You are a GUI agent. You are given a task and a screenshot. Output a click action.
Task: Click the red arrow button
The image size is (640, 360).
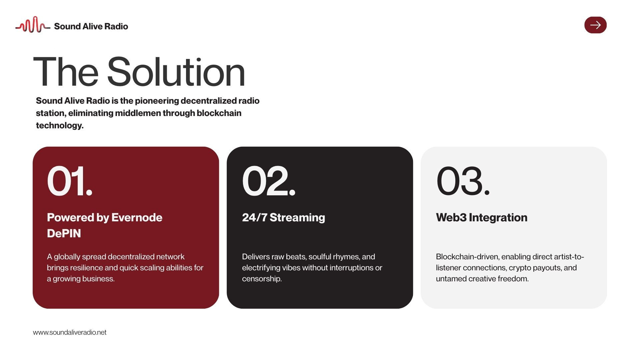[595, 25]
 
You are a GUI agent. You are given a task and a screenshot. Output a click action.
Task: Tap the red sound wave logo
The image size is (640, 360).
[33, 25]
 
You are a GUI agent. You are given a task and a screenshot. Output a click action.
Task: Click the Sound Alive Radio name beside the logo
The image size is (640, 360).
[91, 26]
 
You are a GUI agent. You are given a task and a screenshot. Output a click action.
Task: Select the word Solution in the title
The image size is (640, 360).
[176, 72]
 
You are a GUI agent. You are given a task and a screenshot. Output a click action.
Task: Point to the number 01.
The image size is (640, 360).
[70, 181]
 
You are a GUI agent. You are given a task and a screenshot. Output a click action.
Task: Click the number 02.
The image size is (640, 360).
[269, 181]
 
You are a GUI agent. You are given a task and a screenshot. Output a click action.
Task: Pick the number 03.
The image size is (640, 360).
[463, 181]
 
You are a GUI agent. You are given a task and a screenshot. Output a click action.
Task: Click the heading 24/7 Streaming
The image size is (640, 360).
[283, 217]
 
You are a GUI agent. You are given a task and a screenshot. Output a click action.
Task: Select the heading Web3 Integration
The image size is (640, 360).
[482, 217]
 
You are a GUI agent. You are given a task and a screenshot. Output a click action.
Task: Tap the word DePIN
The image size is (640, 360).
[64, 233]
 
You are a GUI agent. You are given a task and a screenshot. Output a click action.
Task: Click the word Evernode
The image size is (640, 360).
[137, 217]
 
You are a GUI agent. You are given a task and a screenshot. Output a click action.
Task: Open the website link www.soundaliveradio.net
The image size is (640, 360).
[70, 332]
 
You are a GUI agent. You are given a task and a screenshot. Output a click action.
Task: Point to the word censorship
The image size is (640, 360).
[262, 279]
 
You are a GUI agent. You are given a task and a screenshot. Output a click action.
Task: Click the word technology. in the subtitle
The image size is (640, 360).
[60, 125]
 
